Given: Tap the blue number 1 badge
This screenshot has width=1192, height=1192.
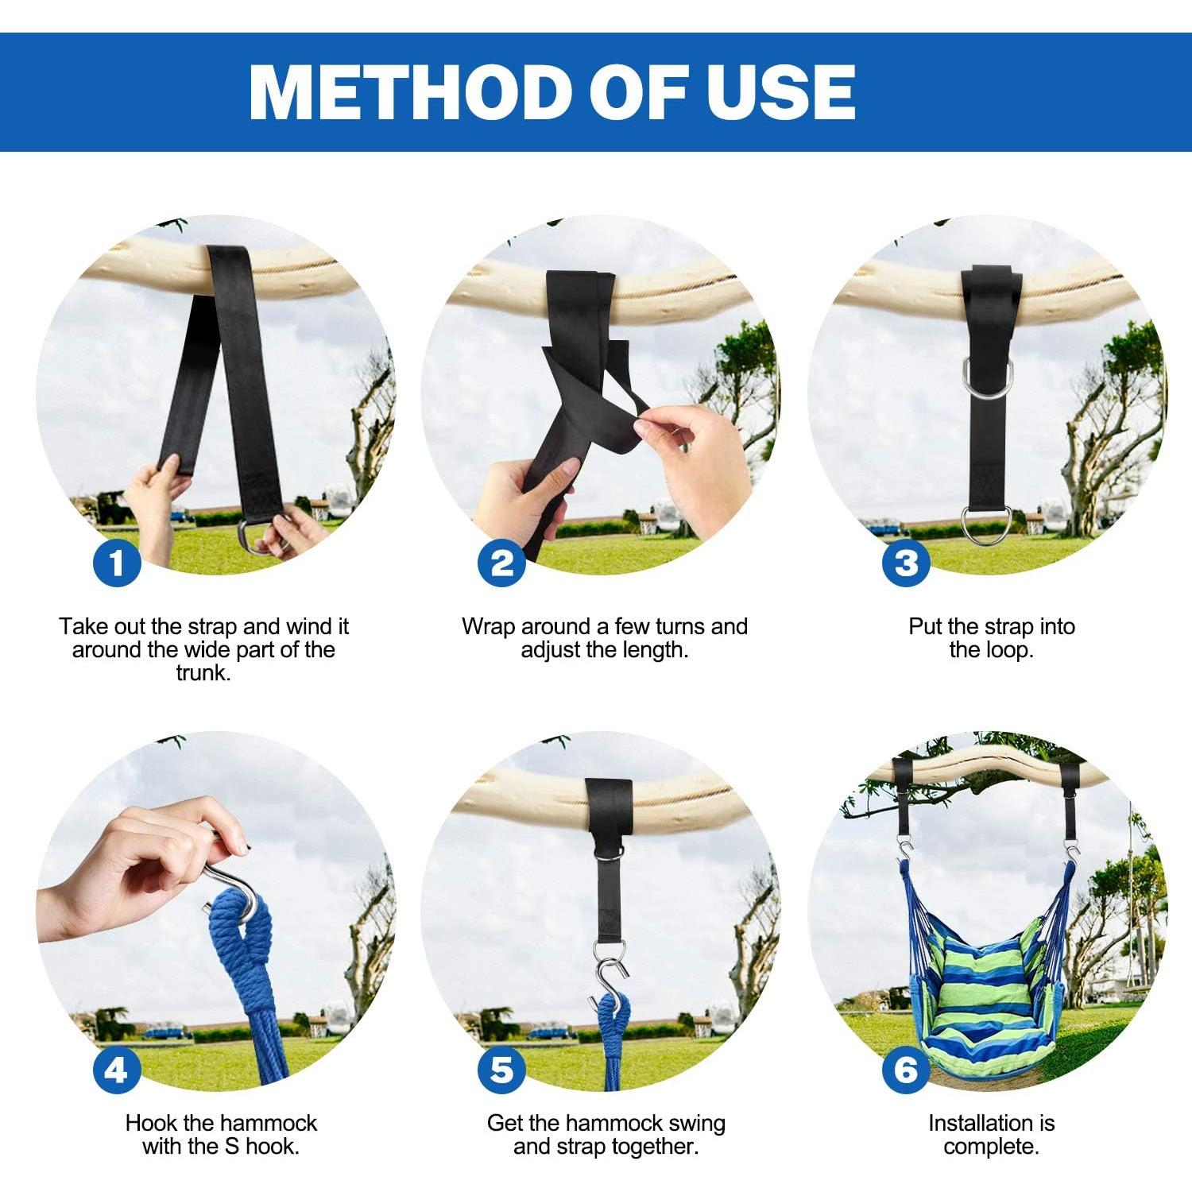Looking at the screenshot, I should point(117,563).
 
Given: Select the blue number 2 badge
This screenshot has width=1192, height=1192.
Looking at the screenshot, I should point(501,563).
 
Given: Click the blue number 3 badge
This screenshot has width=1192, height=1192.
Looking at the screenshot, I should point(905,563).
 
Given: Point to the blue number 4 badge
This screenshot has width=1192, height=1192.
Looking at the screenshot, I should point(117,1070).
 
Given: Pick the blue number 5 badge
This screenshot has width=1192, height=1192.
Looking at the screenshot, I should point(501,1070).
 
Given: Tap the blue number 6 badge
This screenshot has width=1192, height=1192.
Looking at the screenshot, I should point(905,1070).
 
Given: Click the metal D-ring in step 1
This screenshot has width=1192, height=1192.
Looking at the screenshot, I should point(255,537).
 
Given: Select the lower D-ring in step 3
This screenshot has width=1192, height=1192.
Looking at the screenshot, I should point(985,525).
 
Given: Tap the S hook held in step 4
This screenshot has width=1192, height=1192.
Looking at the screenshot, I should point(238,890).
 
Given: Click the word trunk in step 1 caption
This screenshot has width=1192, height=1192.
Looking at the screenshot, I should point(203,673).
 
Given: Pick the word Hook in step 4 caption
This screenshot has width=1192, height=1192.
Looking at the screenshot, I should point(151,1123).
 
